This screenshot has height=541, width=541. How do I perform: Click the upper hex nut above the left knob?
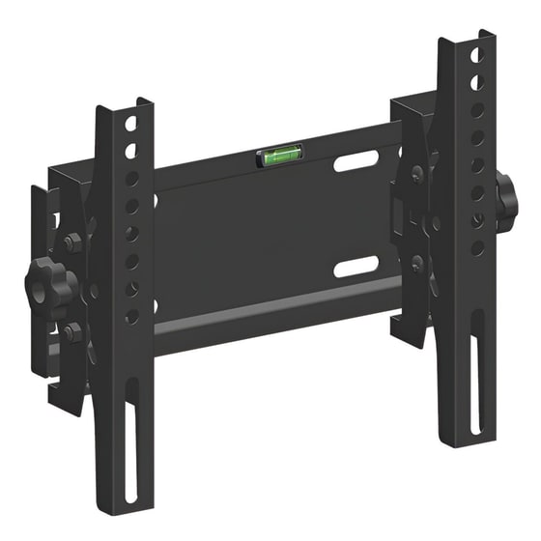[71, 242]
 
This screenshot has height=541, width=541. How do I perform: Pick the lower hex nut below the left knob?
[72, 331]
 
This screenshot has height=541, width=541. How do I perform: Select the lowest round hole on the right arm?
[476, 247]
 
